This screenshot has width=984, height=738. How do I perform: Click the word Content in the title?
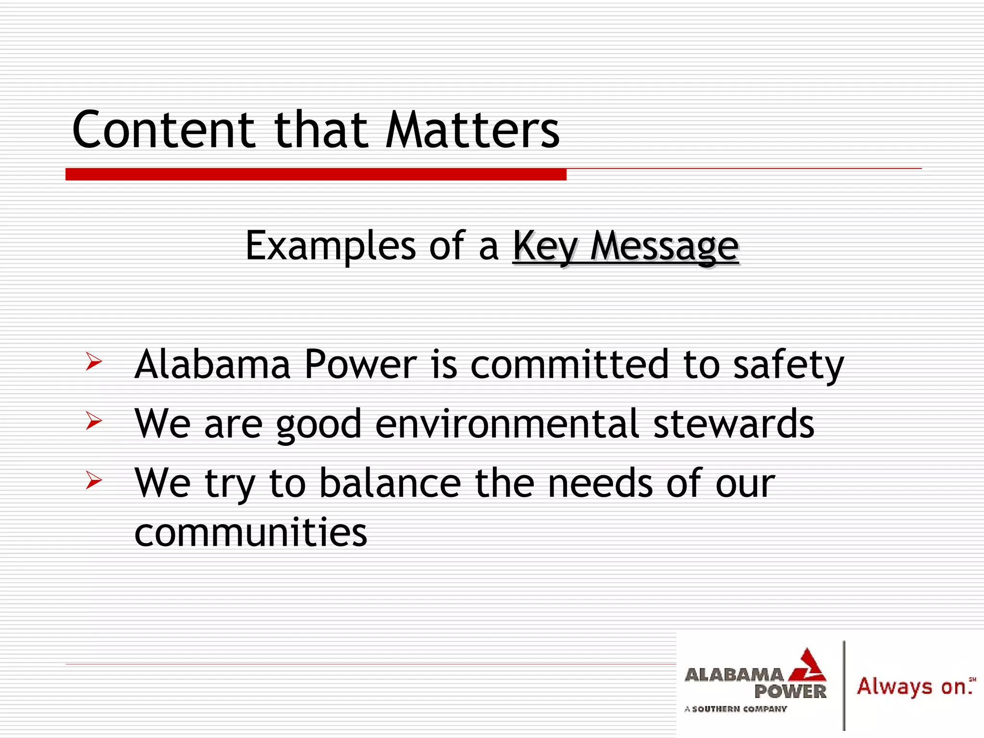click(163, 130)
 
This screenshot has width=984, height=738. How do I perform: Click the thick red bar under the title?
click(316, 174)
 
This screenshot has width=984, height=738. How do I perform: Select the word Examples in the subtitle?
click(331, 246)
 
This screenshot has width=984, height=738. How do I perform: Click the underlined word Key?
click(545, 246)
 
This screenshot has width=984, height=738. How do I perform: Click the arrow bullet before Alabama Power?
click(94, 361)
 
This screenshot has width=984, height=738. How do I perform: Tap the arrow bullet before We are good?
click(94, 421)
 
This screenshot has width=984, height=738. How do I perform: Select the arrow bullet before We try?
click(94, 480)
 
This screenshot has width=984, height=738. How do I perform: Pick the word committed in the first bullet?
click(569, 364)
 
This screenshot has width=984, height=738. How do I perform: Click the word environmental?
click(507, 424)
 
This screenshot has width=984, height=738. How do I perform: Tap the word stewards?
click(734, 424)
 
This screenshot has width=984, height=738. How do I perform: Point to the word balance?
click(390, 483)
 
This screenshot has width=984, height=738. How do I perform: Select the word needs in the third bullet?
click(600, 483)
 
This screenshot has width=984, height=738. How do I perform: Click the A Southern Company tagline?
click(736, 709)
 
